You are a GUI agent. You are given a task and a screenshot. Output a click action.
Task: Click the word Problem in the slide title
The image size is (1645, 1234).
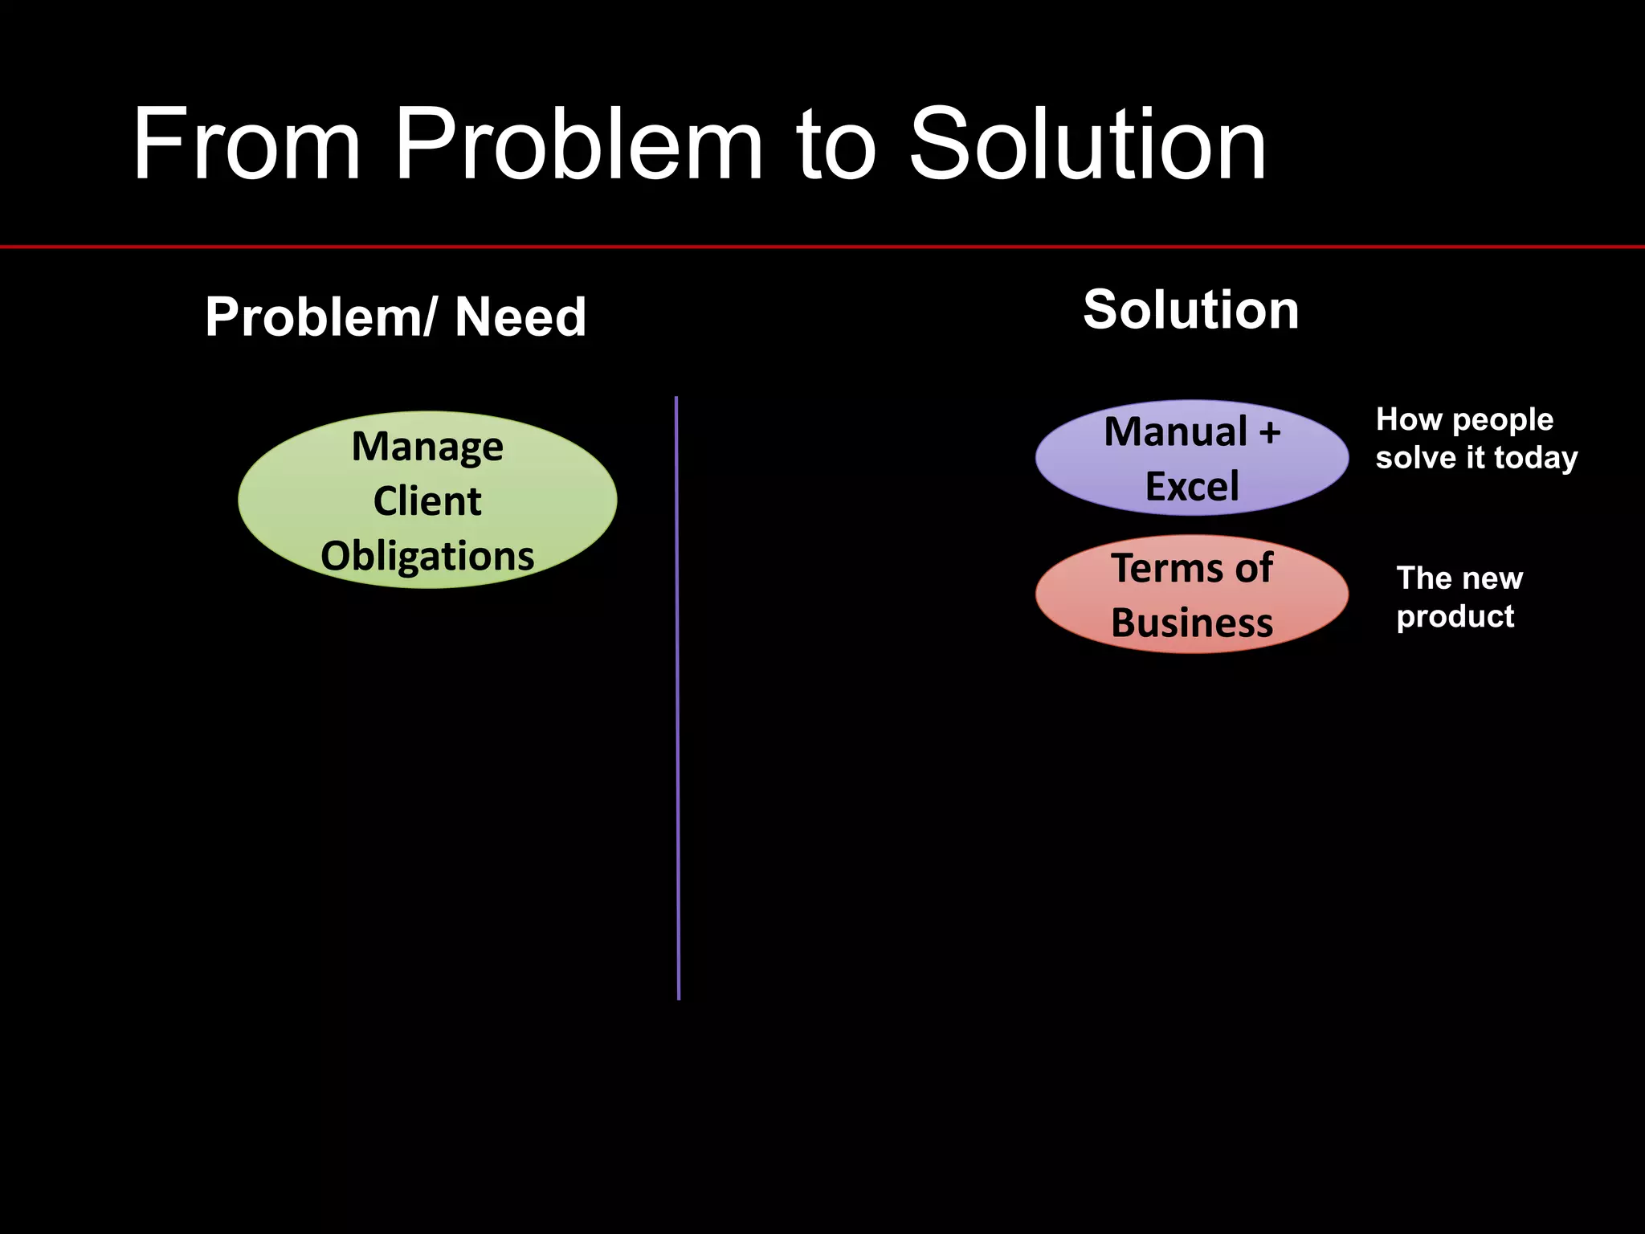[578, 146]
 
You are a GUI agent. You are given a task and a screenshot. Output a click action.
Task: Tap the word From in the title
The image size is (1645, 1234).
[246, 146]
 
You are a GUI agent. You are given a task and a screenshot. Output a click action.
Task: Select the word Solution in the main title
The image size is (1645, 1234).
[1088, 146]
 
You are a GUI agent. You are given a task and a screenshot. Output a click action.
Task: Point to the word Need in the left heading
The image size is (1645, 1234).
[520, 317]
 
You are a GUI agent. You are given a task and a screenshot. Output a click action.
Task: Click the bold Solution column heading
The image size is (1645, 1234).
[1190, 310]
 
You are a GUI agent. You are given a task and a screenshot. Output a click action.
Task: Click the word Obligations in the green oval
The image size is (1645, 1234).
[427, 556]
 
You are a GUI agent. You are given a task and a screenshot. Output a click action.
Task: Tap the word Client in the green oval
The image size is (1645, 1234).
[427, 501]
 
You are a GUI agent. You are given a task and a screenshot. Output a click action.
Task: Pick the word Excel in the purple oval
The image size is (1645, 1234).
[1192, 487]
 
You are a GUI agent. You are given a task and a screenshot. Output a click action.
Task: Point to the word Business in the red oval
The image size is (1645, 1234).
[1192, 623]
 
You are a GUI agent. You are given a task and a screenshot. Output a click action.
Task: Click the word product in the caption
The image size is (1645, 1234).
[1455, 617]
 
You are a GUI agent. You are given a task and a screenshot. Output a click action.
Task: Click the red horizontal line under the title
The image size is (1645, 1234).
[822, 247]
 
